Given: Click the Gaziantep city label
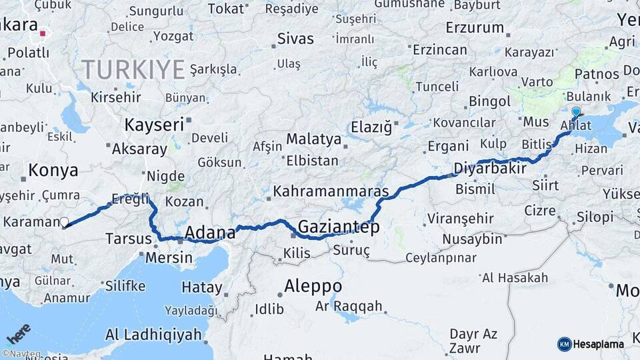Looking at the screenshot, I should [x=339, y=227].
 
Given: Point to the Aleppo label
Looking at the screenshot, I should [x=313, y=286].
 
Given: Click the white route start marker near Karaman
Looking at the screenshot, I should [x=65, y=223].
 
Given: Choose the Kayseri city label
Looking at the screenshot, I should [x=153, y=124].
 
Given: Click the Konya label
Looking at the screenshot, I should [x=53, y=171].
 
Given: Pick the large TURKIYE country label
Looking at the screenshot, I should [x=133, y=69].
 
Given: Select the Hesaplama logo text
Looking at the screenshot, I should [x=599, y=344].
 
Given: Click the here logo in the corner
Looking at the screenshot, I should [x=19, y=333].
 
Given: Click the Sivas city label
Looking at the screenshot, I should [x=295, y=39].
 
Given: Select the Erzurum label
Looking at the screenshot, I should [x=475, y=27].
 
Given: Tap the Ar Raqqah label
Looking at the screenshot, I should [x=349, y=306].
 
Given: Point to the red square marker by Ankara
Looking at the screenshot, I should [x=43, y=32].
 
